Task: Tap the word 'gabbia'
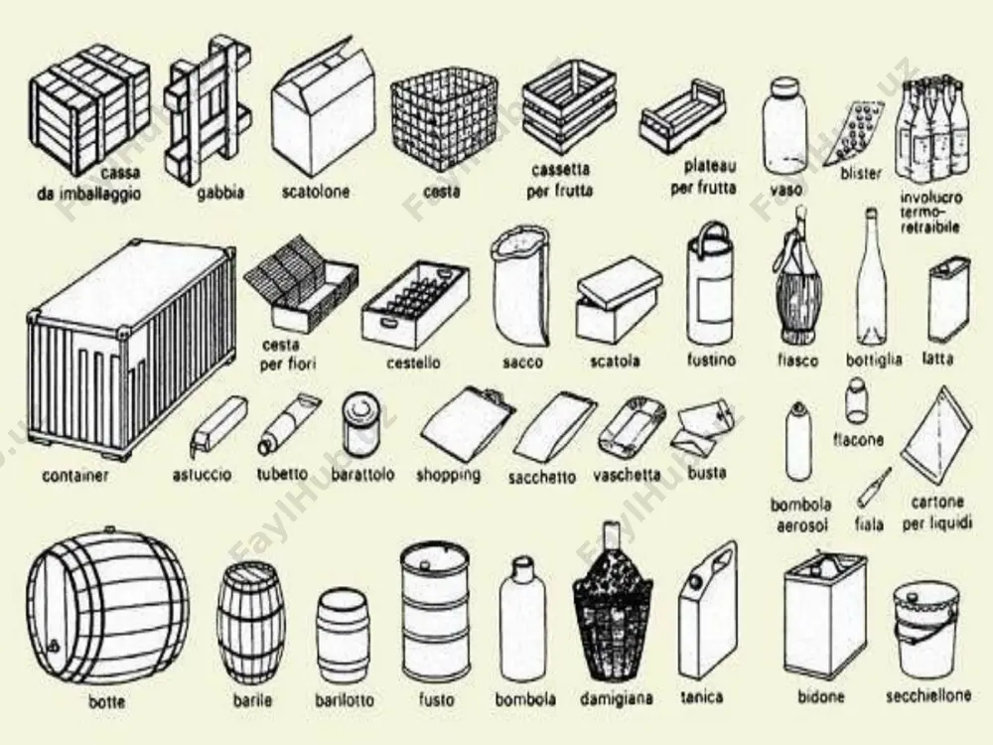click(x=219, y=192)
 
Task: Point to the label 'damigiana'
click(x=617, y=698)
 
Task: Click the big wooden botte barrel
click(x=107, y=608)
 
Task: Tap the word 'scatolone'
click(x=316, y=192)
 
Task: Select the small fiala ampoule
click(x=874, y=487)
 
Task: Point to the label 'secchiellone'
click(x=928, y=695)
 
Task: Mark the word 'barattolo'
click(x=362, y=475)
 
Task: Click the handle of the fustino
click(x=711, y=236)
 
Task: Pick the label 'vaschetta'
click(x=627, y=475)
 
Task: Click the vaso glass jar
click(x=785, y=127)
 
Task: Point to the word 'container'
click(x=75, y=475)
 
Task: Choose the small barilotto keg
click(x=342, y=637)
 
